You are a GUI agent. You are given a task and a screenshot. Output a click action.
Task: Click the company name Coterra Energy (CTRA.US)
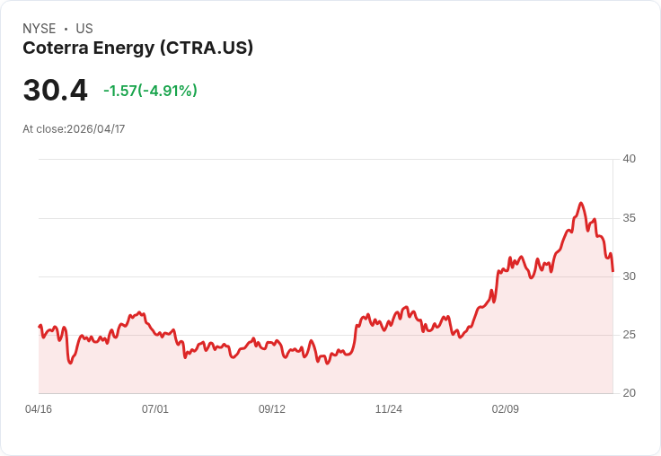click(137, 48)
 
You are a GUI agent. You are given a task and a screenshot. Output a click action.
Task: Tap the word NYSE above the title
click(40, 29)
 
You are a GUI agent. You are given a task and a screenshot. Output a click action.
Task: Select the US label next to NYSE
click(84, 29)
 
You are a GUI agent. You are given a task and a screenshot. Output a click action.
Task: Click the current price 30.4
click(55, 91)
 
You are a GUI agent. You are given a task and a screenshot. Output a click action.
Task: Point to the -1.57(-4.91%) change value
click(150, 91)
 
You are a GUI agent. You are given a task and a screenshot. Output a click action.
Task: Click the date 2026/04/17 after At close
click(96, 129)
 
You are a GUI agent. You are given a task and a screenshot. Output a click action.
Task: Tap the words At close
click(43, 129)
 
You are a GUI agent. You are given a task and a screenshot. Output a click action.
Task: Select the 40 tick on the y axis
click(629, 159)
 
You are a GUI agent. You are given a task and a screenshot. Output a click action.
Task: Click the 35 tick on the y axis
click(629, 218)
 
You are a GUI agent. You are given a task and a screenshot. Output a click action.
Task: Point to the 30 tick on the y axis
click(629, 276)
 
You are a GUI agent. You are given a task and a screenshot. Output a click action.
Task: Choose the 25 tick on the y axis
click(629, 335)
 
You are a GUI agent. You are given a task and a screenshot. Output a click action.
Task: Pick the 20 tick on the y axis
click(629, 393)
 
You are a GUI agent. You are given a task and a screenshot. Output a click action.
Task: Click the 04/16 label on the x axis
click(39, 409)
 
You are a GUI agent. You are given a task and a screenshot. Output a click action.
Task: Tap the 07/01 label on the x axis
click(155, 409)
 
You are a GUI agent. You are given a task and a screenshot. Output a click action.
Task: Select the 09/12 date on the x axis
click(272, 409)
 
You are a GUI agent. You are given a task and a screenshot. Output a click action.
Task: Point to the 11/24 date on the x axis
click(389, 409)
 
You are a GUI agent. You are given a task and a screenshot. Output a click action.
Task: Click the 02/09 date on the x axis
click(506, 409)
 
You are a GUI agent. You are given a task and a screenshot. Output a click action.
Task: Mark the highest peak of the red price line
click(581, 203)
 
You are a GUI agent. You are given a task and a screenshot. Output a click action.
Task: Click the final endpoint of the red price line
click(613, 270)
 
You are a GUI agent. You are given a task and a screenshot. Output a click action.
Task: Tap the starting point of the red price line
click(40, 326)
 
